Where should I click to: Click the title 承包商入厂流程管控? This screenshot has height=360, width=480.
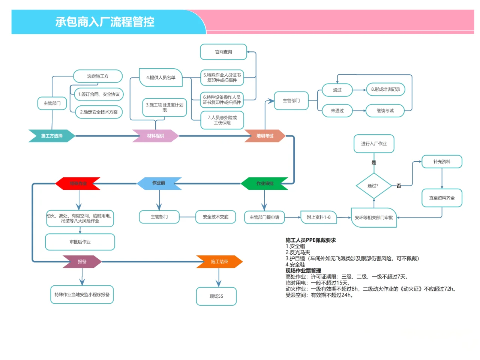tap(105, 22)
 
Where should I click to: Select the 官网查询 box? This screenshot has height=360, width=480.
tap(223, 52)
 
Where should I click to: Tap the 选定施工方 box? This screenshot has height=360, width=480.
tap(98, 76)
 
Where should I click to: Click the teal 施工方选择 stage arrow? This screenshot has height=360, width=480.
tap(52, 136)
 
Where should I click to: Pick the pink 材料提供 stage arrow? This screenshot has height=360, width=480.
tap(156, 136)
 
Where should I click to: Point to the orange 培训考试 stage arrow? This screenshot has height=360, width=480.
tap(265, 136)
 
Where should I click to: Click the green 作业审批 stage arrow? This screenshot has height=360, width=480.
tap(265, 183)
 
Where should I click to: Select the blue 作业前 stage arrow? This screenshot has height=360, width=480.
tap(159, 183)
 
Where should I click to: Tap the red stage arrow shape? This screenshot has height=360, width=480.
tap(78, 183)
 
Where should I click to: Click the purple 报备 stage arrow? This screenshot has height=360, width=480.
tap(82, 261)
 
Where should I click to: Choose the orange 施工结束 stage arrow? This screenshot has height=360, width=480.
tap(219, 261)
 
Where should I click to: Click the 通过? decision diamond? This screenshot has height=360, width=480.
tap(373, 186)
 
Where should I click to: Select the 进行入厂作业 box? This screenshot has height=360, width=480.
tap(374, 144)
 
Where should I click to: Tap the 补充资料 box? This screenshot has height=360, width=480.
tap(442, 162)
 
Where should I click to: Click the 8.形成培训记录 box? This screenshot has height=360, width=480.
tap(385, 89)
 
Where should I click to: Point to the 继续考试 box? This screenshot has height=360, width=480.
tap(385, 111)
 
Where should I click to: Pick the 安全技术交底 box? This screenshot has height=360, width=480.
tap(216, 217)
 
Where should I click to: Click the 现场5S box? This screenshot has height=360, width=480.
tap(216, 296)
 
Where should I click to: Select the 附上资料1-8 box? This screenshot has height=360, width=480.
tap(319, 217)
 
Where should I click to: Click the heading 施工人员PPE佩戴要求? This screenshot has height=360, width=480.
tap(310, 240)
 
